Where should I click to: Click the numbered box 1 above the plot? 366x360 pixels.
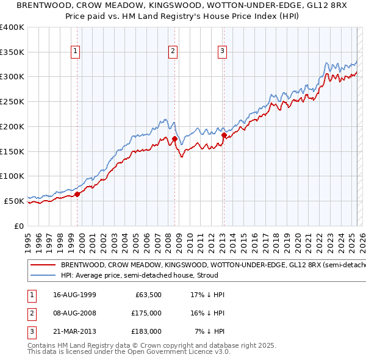click(x=76, y=51)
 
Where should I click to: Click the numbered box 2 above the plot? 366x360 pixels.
click(x=173, y=51)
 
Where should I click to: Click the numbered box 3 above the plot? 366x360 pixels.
click(x=222, y=51)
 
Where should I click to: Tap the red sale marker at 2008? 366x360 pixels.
click(x=175, y=139)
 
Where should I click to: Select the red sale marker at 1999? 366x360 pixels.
click(x=77, y=194)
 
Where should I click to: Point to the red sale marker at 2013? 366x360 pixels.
click(x=224, y=135)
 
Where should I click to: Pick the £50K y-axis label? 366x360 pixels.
click(x=15, y=200)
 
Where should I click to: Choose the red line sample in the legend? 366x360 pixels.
click(x=41, y=265)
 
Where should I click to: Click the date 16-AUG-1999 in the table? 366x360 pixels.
click(x=74, y=295)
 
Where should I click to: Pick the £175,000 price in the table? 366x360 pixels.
click(x=146, y=313)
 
